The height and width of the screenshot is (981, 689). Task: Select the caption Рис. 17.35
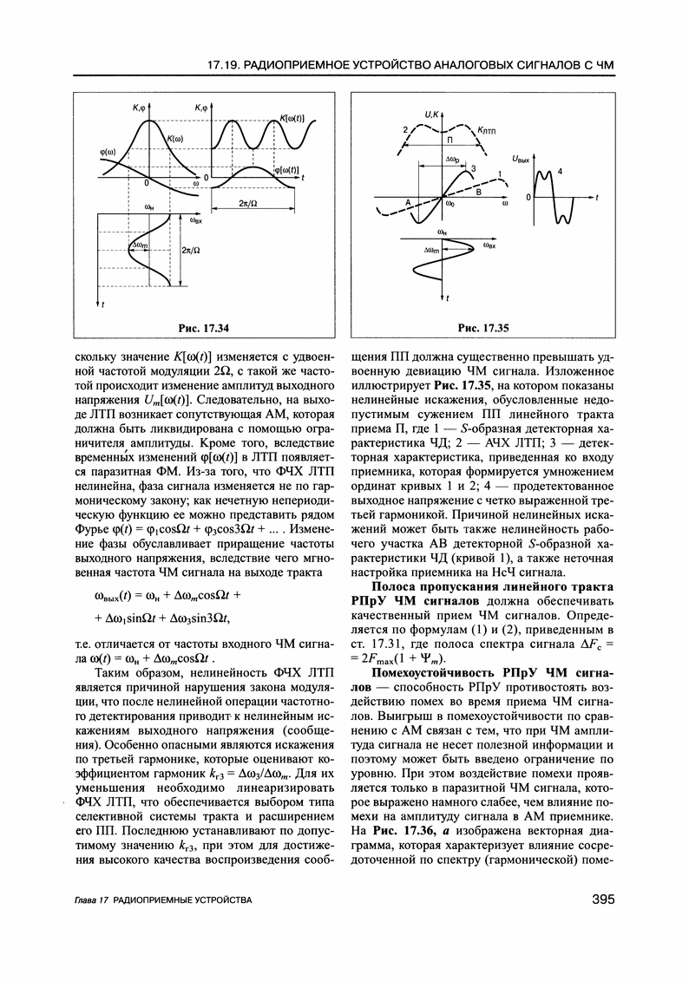point(482,327)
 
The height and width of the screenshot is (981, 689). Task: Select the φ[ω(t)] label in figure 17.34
point(285,170)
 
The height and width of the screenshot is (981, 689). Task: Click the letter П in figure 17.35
point(449,140)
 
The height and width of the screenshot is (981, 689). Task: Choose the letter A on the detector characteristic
point(406,199)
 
